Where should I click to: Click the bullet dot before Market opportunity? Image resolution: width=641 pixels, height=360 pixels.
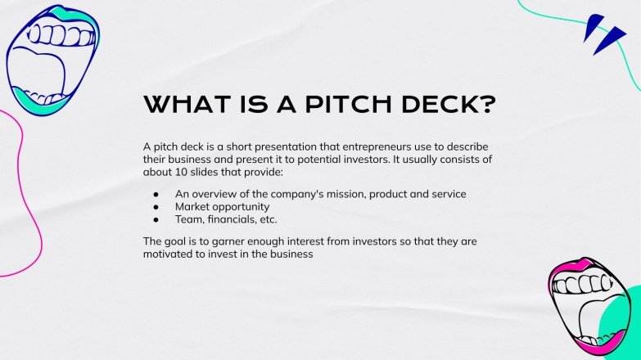156,207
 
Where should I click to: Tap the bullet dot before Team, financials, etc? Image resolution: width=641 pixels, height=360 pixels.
156,219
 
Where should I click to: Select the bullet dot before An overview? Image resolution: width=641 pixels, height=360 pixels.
156,195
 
